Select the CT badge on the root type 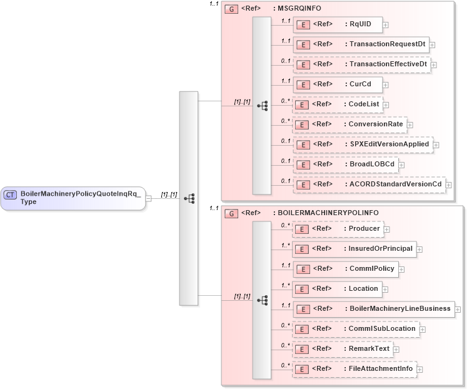click(x=10, y=194)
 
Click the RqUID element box click(x=338, y=24)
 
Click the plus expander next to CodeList click(x=386, y=105)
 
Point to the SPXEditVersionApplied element click(x=363, y=144)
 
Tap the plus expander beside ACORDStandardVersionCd click(x=448, y=185)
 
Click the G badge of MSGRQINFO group click(x=231, y=9)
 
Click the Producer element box click(x=338, y=229)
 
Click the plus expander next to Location click(x=385, y=290)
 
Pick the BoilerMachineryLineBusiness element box click(x=373, y=309)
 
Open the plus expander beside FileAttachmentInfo click(x=419, y=370)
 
